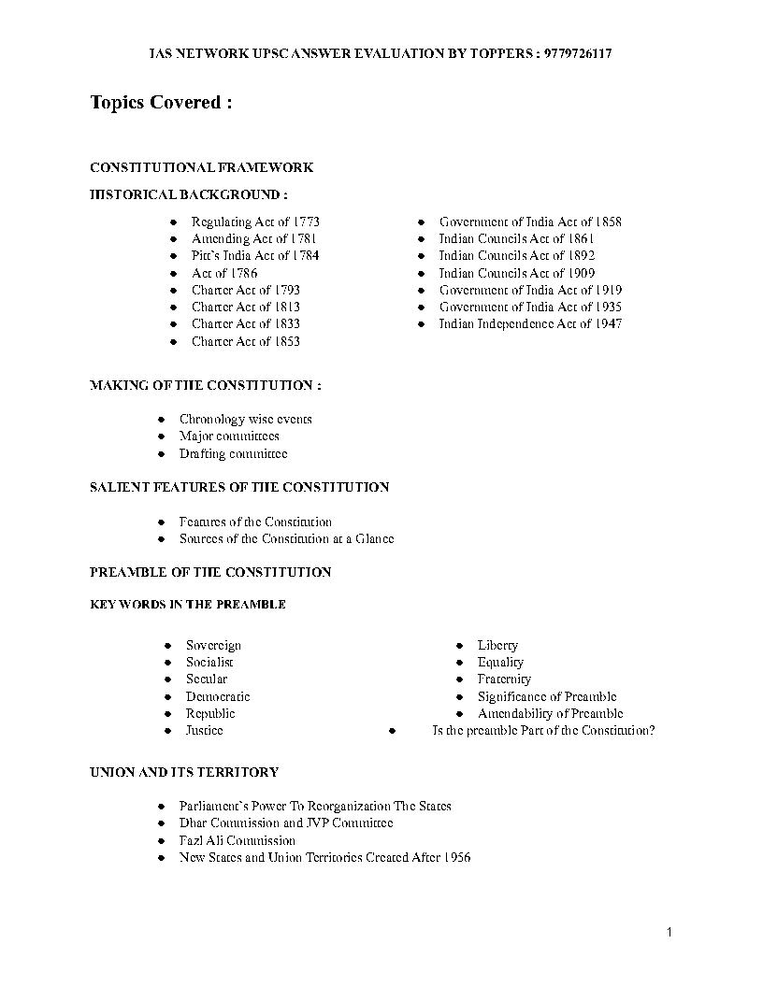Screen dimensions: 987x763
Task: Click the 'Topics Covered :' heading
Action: (161, 103)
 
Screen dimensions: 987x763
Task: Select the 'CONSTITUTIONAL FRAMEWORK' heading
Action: (201, 168)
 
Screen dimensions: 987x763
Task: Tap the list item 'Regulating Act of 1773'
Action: (255, 222)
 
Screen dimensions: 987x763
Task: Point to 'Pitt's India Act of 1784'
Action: (255, 256)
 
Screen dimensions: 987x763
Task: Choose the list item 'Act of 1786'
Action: (224, 274)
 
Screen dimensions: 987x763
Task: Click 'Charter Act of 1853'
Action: (246, 342)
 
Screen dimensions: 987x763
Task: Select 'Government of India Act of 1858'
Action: (530, 222)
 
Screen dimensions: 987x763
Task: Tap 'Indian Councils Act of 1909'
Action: (517, 274)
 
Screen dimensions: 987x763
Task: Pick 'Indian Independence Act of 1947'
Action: (530, 324)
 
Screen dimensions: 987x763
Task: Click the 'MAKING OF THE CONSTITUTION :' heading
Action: (206, 386)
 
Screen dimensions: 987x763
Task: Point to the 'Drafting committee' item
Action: (234, 454)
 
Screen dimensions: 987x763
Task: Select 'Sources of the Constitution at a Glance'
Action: (287, 539)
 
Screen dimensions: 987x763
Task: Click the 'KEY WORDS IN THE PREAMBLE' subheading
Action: (188, 605)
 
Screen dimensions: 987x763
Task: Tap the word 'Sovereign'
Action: (213, 646)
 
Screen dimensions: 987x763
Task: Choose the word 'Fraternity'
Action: (504, 679)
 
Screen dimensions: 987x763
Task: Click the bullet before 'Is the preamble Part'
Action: (393, 731)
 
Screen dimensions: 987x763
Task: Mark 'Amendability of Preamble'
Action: (551, 714)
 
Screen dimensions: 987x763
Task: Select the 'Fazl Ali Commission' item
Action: (238, 841)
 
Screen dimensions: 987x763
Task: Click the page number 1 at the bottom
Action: (669, 932)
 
